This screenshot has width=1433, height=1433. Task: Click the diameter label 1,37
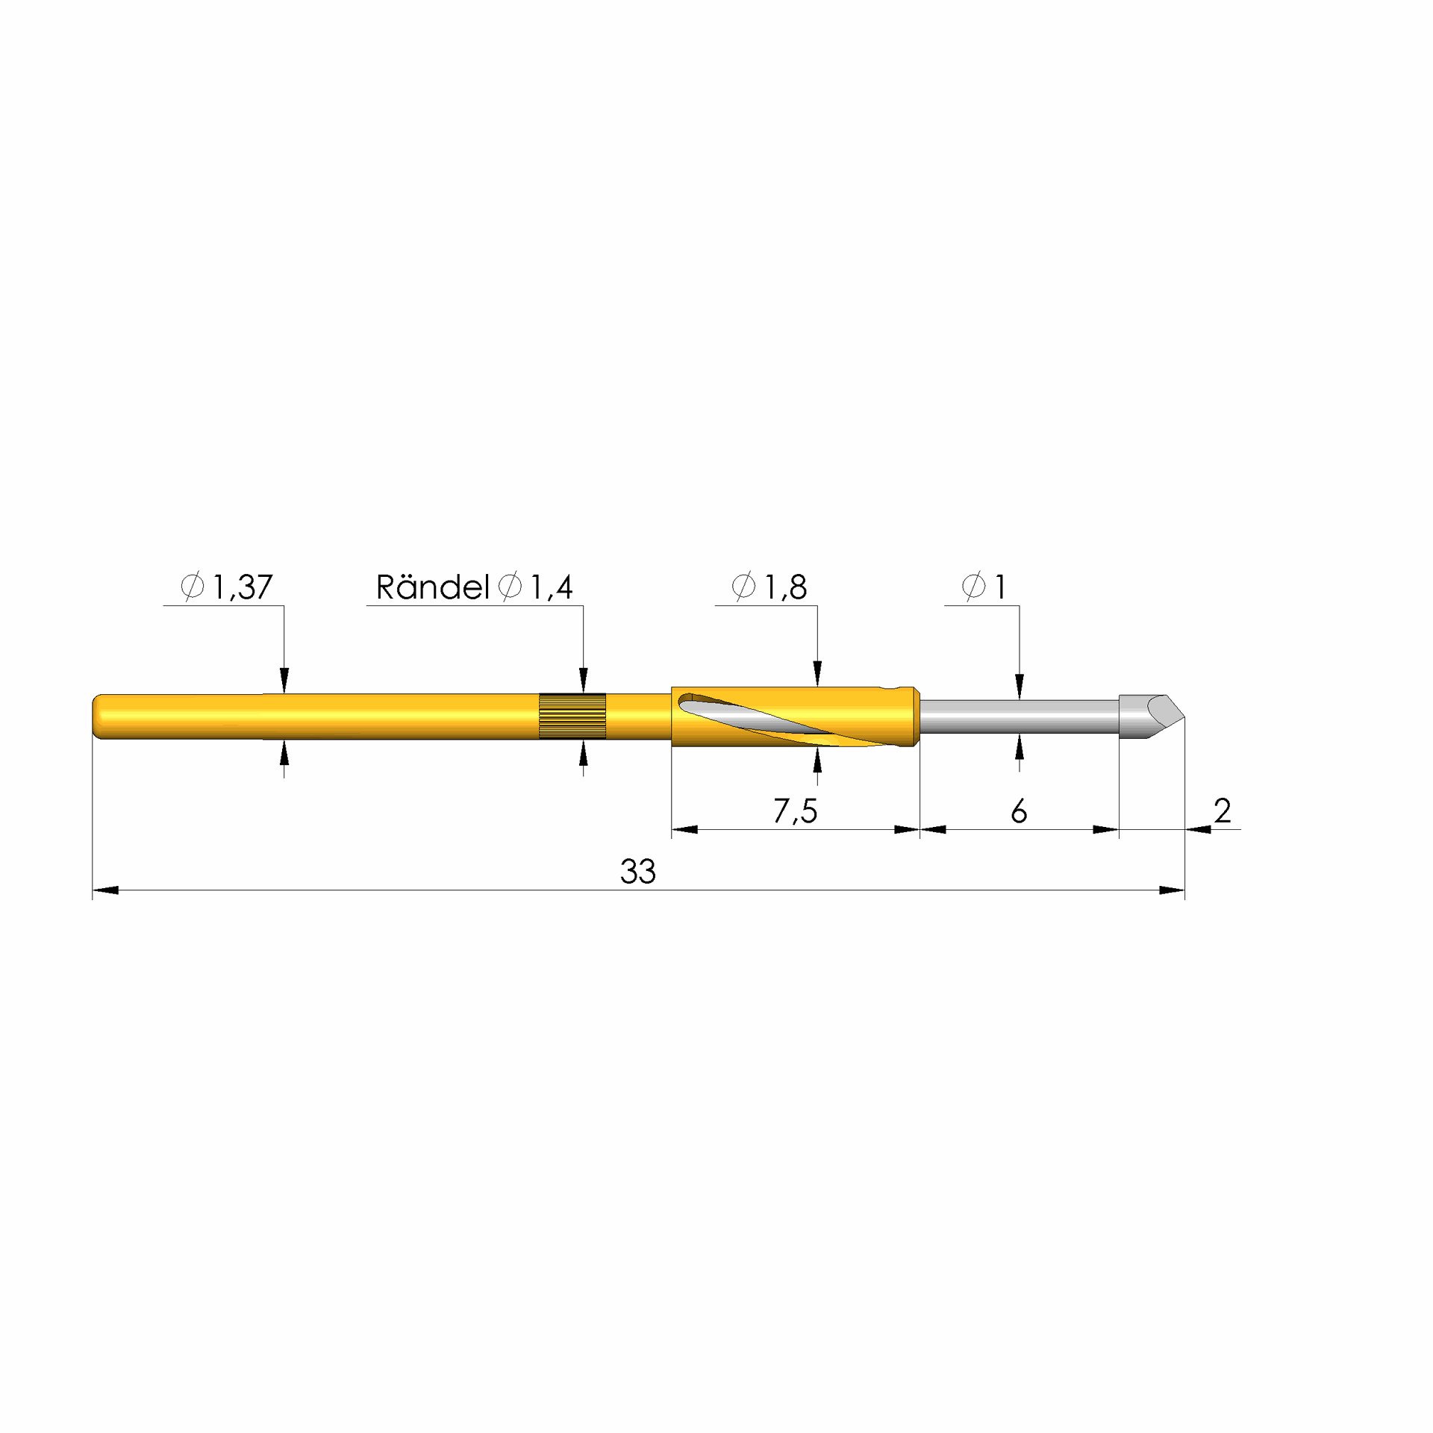tap(243, 587)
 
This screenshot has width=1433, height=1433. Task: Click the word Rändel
tap(432, 587)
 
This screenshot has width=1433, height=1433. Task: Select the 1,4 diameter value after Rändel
tap(552, 587)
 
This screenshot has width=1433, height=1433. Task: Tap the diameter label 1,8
tap(785, 587)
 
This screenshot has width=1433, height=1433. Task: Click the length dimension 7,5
tap(795, 811)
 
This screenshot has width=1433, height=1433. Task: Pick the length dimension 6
tap(1019, 811)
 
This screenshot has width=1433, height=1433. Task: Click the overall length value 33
tap(638, 871)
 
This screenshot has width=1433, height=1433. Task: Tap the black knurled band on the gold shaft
tap(572, 716)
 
